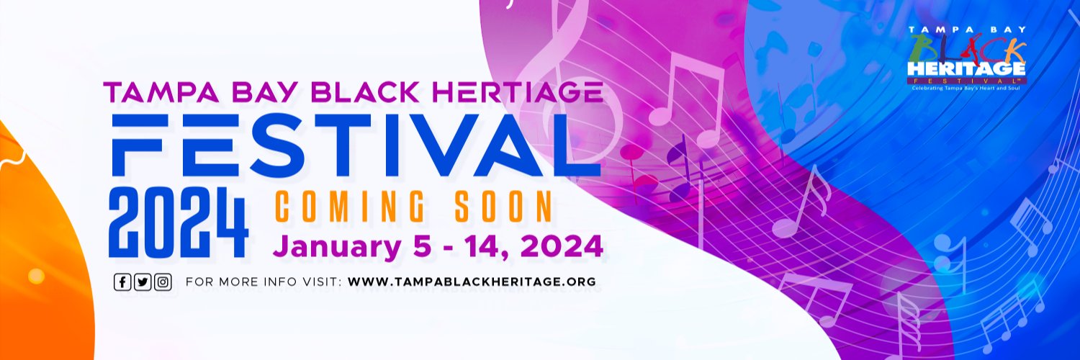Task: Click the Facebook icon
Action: click(122, 282)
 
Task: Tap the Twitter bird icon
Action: click(143, 282)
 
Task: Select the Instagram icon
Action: click(163, 282)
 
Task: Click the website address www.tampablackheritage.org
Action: click(472, 282)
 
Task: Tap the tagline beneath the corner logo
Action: click(966, 89)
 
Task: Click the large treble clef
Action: click(569, 79)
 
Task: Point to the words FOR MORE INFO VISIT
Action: click(263, 282)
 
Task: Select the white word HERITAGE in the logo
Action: click(966, 68)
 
